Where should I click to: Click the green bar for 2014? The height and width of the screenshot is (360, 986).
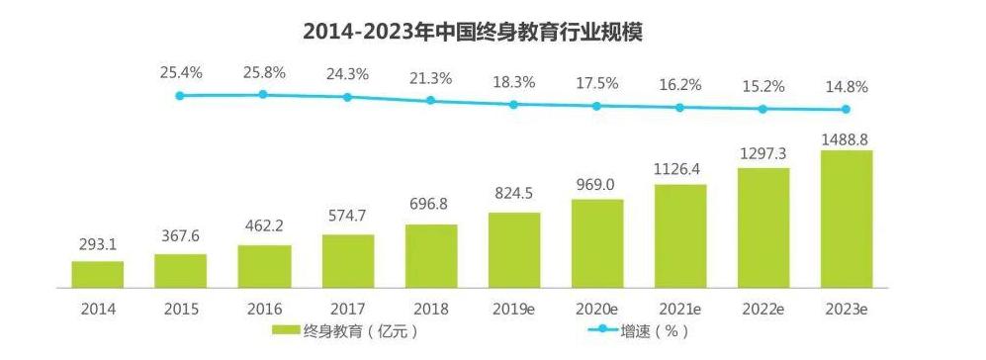98,274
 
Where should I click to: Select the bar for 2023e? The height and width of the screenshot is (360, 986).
847,219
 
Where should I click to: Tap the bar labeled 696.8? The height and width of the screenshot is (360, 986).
431,256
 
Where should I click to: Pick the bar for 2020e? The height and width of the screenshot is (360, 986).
596,243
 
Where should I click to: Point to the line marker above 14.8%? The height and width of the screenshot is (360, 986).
846,109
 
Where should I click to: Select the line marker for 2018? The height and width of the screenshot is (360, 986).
430,100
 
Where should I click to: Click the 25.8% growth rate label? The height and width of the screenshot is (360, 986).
264,73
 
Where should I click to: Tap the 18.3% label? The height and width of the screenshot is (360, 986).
513,82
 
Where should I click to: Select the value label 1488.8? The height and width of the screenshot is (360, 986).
847,137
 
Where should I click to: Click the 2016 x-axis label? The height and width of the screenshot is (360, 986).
265,309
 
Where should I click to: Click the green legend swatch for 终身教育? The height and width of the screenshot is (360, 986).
286,331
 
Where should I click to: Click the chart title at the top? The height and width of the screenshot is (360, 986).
473,32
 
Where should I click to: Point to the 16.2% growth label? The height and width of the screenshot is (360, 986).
680,84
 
